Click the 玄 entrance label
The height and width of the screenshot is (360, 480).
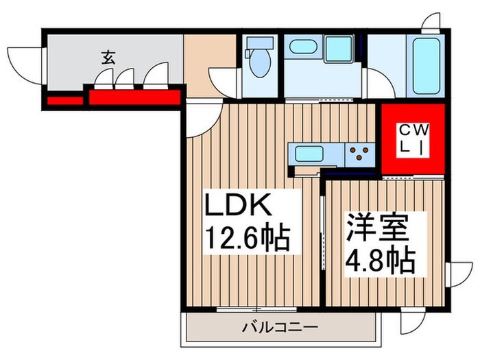108,57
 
